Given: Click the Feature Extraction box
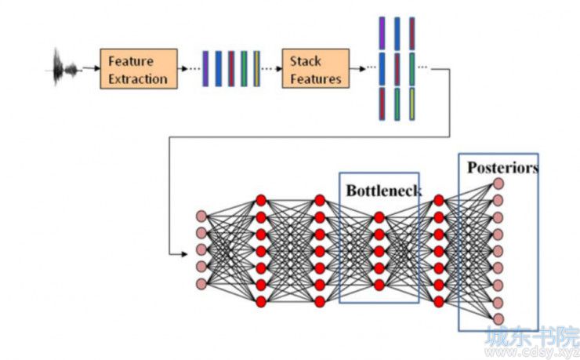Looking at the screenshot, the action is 139,69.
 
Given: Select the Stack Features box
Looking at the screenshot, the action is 316,68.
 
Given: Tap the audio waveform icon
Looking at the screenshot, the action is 63,67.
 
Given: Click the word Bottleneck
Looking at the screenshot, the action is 384,191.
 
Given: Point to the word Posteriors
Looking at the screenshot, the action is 502,168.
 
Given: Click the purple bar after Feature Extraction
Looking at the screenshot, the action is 205,69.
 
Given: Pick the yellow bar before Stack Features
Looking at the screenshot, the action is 257,69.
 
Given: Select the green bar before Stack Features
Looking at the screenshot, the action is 244,69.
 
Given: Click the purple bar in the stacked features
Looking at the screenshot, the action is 382,33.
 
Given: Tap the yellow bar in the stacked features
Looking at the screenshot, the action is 411,104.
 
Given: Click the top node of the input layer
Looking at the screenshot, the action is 201,216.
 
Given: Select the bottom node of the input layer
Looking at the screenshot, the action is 201,284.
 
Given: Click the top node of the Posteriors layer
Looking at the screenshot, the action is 498,184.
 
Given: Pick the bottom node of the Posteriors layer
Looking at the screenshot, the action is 498,319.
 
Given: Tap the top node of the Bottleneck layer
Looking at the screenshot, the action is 379,217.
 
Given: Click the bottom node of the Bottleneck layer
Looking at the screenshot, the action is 379,285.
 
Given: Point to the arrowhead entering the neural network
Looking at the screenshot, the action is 184,254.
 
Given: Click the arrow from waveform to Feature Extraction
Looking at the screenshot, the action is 92,68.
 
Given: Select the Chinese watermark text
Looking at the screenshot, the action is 533,336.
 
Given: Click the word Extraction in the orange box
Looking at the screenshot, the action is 138,78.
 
